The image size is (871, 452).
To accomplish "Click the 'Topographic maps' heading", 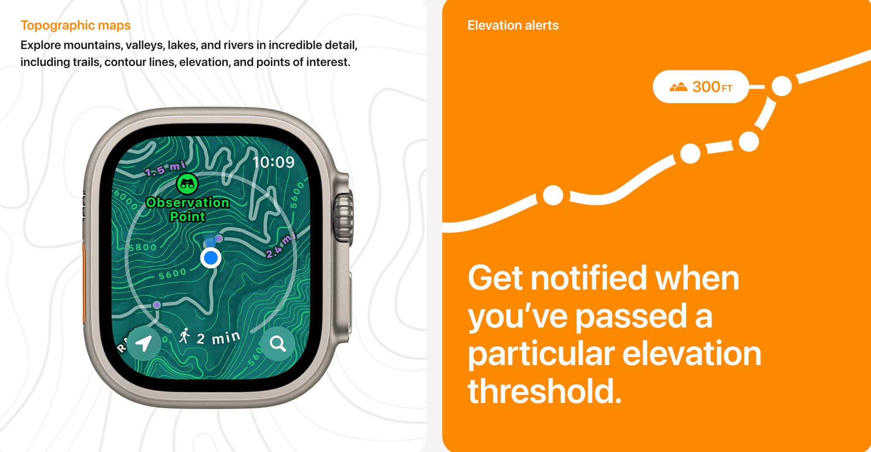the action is click(x=75, y=25).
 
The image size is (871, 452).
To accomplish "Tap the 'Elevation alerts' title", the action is click(x=513, y=25).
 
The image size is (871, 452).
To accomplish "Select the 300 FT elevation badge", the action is click(x=701, y=87).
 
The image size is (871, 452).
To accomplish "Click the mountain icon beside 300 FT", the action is click(x=678, y=87).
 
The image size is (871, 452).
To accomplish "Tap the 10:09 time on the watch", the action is click(x=273, y=162).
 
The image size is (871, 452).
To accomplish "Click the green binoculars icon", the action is click(x=187, y=184).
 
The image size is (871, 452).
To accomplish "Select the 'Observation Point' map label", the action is click(x=188, y=209).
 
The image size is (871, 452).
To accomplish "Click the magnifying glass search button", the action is click(x=278, y=344).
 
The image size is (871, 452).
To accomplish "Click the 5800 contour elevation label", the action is click(x=143, y=247).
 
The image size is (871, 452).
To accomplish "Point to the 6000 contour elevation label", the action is click(x=126, y=200).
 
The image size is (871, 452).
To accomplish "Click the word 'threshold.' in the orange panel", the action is click(x=545, y=391).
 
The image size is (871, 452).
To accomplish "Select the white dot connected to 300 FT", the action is click(x=782, y=86).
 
